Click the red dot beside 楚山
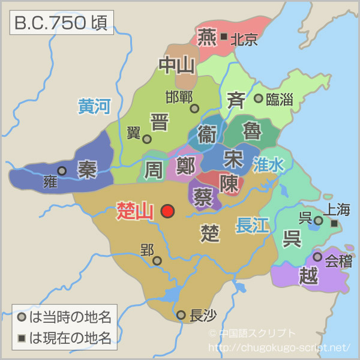coord(167,211)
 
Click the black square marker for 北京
coord(223,37)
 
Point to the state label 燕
coord(207,36)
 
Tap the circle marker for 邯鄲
coord(194,109)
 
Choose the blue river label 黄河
coord(94,107)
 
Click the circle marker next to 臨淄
coord(258,98)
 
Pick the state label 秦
coord(87,170)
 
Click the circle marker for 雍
coord(62,170)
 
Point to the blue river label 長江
coord(253,225)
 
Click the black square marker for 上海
coord(334,223)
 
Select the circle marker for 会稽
coord(317,257)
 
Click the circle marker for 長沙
coord(181,314)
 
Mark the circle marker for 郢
coord(157,260)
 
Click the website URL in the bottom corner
coord(278,347)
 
